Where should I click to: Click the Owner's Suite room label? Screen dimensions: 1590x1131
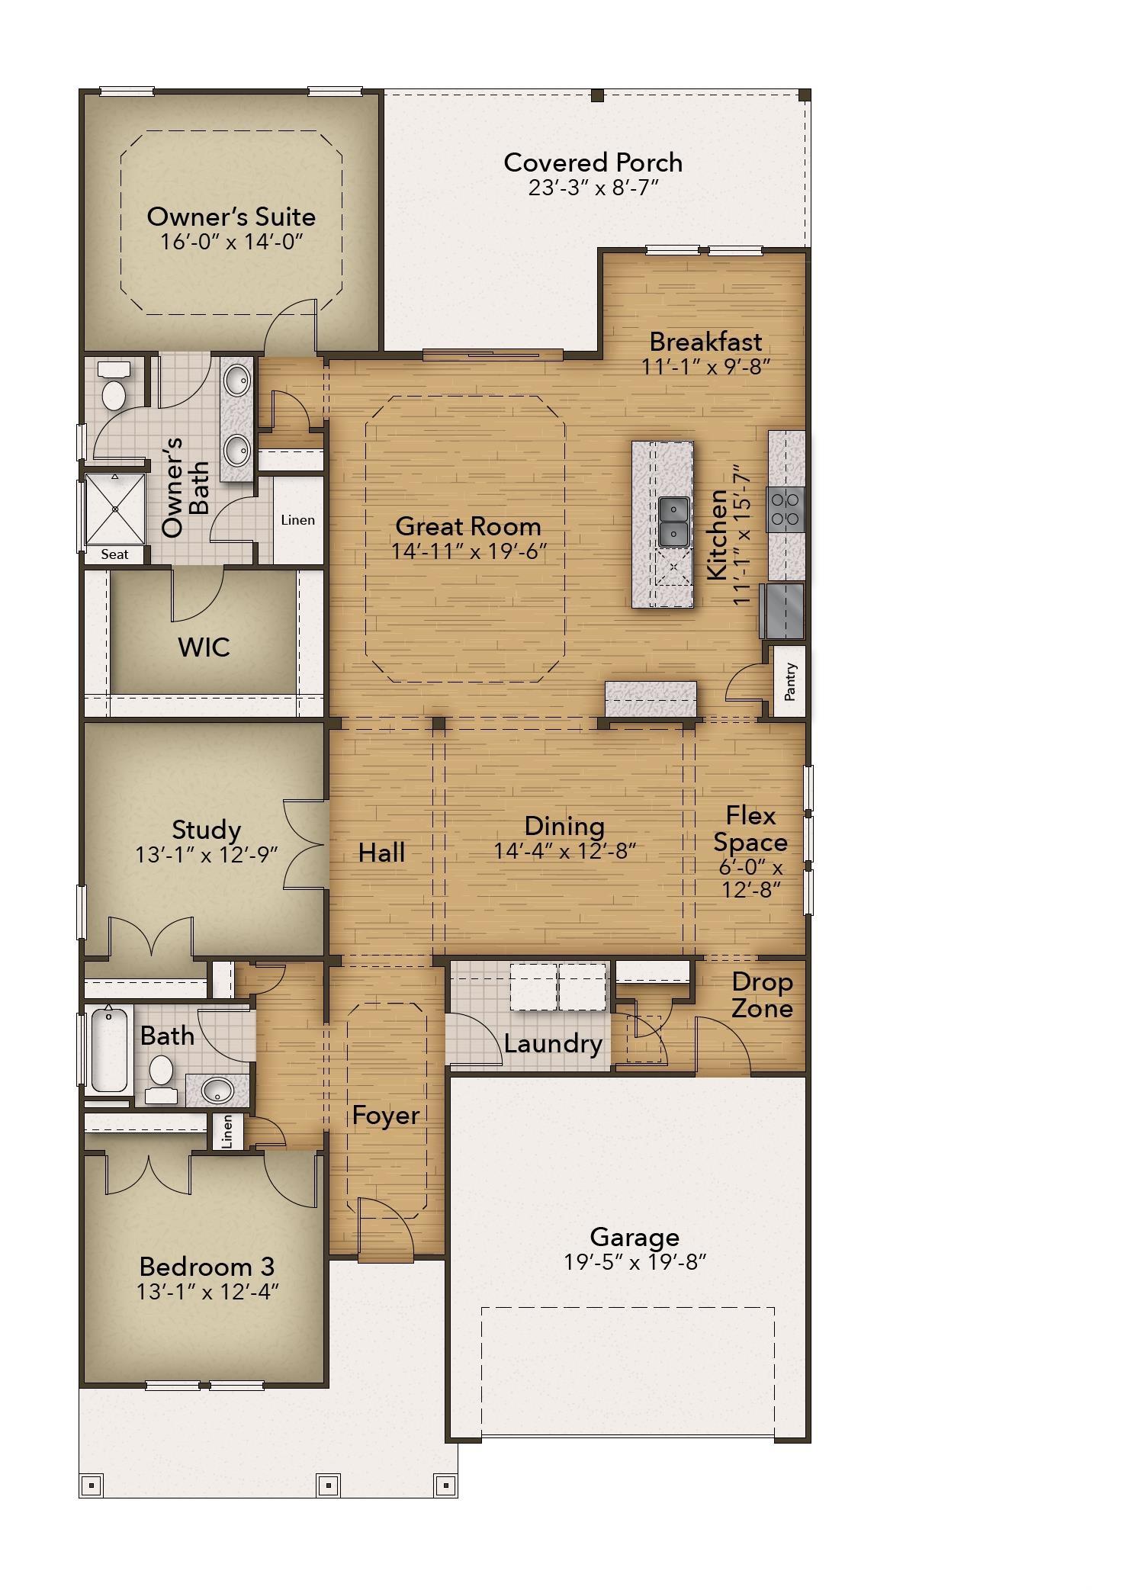tap(231, 217)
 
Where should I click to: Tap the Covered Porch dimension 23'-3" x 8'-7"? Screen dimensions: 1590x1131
tap(593, 188)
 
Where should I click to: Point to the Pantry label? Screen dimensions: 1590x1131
tap(790, 681)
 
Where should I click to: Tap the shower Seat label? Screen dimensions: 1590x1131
tap(114, 554)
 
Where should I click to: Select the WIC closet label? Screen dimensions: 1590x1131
tap(204, 647)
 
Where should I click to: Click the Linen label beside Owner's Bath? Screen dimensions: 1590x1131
tap(297, 520)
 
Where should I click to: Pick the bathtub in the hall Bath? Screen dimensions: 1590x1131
tap(108, 1049)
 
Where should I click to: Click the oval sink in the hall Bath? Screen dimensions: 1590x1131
tap(217, 1090)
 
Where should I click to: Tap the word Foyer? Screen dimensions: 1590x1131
tap(385, 1116)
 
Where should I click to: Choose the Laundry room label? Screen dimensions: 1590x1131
tap(553, 1043)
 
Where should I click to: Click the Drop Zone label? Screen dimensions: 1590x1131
tap(762, 995)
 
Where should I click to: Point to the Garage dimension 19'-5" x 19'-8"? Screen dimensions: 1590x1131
tap(635, 1262)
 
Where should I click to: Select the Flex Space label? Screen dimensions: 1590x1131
tap(750, 829)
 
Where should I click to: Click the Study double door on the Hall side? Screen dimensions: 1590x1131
tap(307, 844)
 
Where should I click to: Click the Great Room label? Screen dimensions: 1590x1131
tap(468, 526)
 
